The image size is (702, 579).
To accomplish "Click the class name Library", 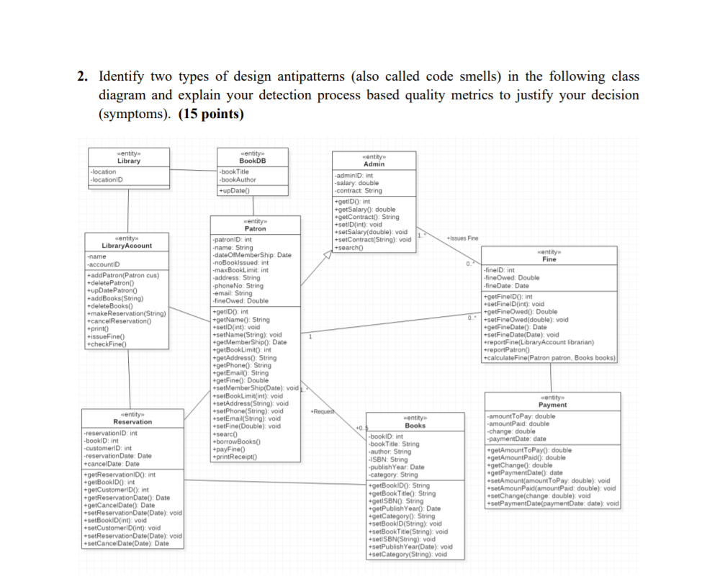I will (128, 161).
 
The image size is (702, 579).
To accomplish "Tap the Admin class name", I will (374, 164).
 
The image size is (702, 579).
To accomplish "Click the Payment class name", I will (552, 405).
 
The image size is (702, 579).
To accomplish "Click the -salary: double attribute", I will (357, 183).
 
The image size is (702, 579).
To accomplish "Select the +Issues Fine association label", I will (462, 238).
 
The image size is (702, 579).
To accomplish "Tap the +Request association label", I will (321, 411).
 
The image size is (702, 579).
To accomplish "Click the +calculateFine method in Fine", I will (550, 357).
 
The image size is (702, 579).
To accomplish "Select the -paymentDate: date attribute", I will (517, 439).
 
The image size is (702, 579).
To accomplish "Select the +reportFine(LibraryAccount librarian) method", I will (540, 342).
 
